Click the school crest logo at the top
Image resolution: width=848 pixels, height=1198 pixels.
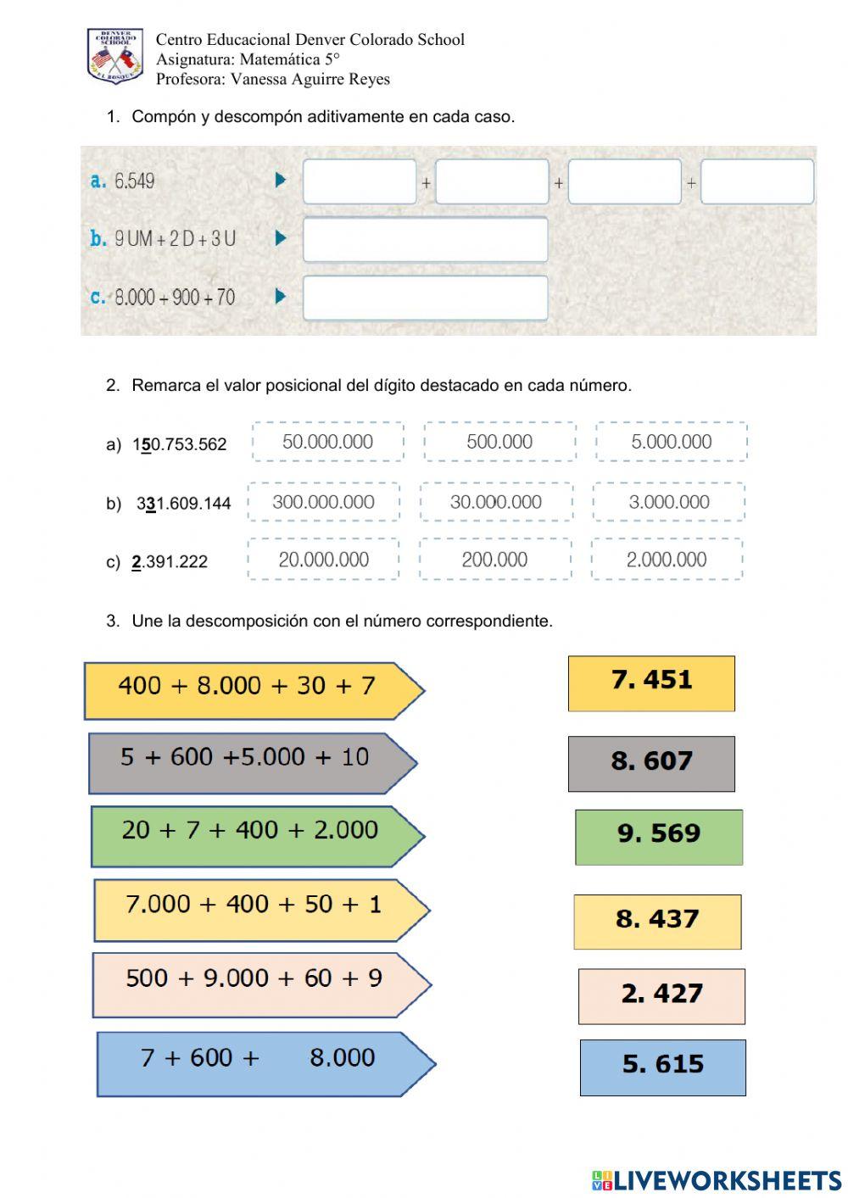[x=115, y=56]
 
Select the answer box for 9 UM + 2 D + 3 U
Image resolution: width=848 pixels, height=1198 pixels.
[x=425, y=239]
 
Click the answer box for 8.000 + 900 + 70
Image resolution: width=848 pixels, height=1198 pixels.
[x=425, y=298]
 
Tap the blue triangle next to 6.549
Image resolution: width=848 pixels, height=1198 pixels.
[x=281, y=180]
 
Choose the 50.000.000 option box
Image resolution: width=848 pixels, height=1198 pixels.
[x=327, y=442]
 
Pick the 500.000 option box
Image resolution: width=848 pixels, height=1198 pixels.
[x=499, y=442]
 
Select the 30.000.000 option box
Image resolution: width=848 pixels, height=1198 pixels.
[x=496, y=502]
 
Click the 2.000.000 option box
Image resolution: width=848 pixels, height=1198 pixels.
[x=667, y=560]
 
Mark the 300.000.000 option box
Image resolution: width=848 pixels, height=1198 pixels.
[x=323, y=502]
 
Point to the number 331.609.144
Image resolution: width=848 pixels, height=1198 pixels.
[x=183, y=504]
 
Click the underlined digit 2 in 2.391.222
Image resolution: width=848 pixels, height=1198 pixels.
[x=137, y=562]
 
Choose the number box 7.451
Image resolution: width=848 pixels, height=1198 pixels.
[x=651, y=683]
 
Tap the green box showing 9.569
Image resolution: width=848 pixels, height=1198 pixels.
[x=659, y=837]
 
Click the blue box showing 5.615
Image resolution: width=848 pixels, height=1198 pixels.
[x=663, y=1067]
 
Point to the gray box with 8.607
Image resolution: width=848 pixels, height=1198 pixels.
[x=651, y=763]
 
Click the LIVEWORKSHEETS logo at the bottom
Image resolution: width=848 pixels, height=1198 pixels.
[x=717, y=1180]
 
